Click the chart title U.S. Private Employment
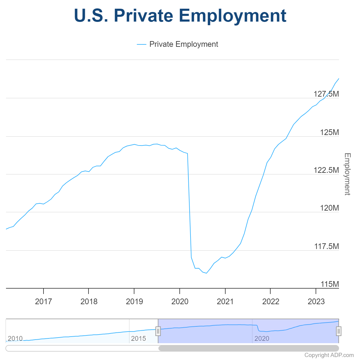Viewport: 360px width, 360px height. coord(180,16)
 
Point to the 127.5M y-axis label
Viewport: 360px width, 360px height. coord(326,94)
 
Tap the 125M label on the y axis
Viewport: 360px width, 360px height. coord(329,132)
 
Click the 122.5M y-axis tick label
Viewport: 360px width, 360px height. coord(326,170)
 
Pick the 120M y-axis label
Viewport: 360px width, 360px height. coord(329,208)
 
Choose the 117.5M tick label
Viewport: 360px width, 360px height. coord(326,246)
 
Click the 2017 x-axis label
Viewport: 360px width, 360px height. coord(43,301)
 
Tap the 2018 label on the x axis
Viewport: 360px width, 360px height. coord(89,301)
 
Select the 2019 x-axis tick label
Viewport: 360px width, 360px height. coord(134,301)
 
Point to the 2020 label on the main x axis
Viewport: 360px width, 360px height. coord(180,301)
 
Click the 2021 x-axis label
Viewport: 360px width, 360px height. coord(225,301)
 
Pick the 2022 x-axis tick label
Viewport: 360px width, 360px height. coord(271,301)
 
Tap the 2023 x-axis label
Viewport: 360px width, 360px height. coord(316,301)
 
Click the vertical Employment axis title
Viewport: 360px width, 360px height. coord(347,174)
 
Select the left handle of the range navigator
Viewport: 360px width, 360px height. coord(158,331)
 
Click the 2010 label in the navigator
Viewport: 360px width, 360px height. coord(15,339)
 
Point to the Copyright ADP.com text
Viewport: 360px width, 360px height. coord(329,355)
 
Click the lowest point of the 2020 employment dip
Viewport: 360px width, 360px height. coord(206,273)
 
